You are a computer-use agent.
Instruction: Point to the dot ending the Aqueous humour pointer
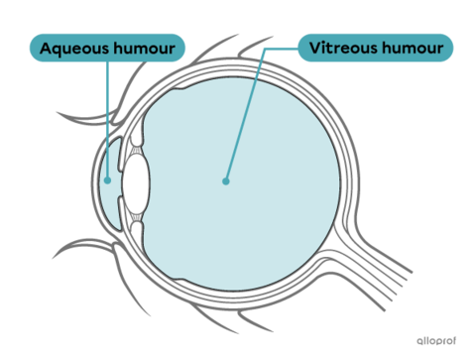pos(106,181)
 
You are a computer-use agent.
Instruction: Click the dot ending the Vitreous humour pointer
pos(226,181)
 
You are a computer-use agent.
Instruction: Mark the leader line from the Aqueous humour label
pos(105,119)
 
